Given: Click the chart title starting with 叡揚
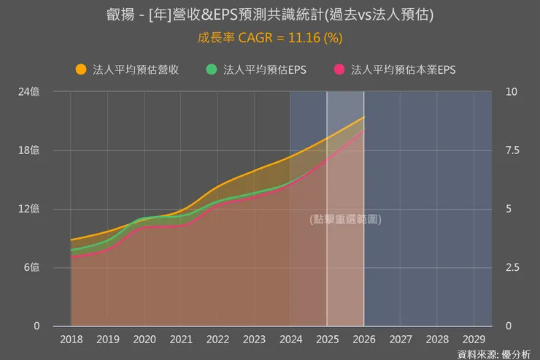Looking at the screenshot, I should [x=269, y=15].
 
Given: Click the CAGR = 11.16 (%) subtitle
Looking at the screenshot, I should [x=269, y=37].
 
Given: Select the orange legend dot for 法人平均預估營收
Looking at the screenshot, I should [x=81, y=70].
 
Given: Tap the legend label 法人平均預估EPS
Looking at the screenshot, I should [x=265, y=70].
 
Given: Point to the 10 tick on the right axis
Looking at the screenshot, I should [x=511, y=92].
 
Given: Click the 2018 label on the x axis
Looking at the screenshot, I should [x=71, y=340].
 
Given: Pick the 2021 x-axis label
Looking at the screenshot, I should [x=181, y=340].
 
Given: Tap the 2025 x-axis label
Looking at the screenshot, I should [x=327, y=340].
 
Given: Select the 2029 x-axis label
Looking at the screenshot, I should [x=474, y=340].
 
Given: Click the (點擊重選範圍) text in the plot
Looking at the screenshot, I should [x=344, y=219].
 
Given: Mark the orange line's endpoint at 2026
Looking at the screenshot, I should [x=363, y=117].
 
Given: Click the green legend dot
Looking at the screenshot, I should [x=212, y=70].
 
